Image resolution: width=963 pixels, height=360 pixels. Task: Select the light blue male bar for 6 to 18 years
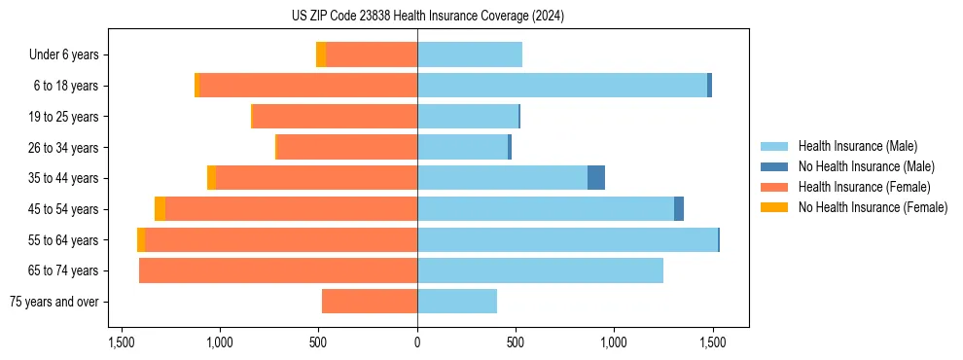pyautogui.click(x=562, y=86)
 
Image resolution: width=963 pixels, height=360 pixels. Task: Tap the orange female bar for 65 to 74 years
pyautogui.click(x=278, y=270)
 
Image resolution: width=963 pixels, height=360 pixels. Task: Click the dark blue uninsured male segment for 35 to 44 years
pyautogui.click(x=596, y=178)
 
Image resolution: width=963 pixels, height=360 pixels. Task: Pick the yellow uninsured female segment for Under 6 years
pyautogui.click(x=321, y=54)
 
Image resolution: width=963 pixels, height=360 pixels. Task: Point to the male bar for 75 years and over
pyautogui.click(x=457, y=302)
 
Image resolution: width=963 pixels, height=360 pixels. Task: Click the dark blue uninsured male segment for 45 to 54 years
pyautogui.click(x=679, y=209)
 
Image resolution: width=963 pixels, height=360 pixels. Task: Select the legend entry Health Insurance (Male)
pyautogui.click(x=857, y=146)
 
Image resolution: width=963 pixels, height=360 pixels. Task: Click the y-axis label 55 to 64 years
pyautogui.click(x=63, y=240)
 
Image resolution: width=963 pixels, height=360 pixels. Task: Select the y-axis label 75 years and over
pyautogui.click(x=54, y=302)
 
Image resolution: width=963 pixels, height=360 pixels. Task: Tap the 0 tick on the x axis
pyautogui.click(x=417, y=342)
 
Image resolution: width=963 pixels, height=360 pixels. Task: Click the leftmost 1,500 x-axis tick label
pyautogui.click(x=122, y=342)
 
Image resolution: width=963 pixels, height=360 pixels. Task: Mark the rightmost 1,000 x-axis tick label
pyautogui.click(x=614, y=342)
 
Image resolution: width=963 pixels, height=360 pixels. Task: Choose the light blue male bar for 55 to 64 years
pyautogui.click(x=567, y=240)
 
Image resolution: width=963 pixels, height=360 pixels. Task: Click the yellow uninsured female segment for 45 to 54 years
pyautogui.click(x=160, y=209)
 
